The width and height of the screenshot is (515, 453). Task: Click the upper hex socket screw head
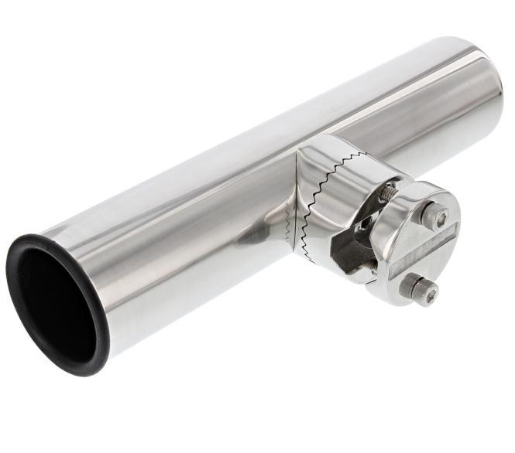tap(435, 216)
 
